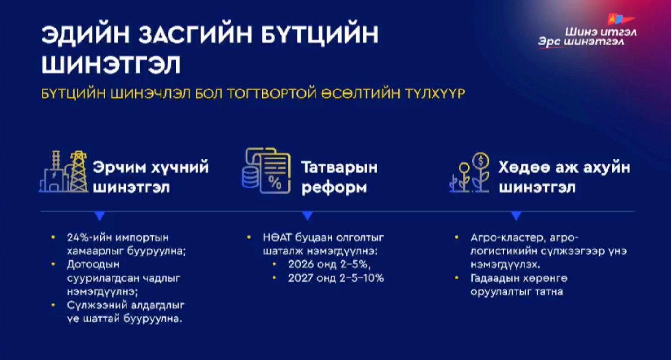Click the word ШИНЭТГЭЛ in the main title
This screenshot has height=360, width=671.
[x=111, y=65]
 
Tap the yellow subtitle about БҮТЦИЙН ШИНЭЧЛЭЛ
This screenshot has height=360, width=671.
[x=253, y=93]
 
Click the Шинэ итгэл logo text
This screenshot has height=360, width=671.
[x=600, y=33]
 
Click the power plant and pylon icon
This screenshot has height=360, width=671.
[x=63, y=172]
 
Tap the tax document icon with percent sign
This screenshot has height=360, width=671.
[x=266, y=169]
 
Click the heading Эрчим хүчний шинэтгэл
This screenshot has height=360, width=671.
[x=150, y=177]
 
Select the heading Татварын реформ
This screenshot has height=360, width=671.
[x=339, y=177]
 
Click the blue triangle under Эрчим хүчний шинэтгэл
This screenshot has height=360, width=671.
[x=99, y=216]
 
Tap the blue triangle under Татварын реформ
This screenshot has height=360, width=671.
[x=307, y=216]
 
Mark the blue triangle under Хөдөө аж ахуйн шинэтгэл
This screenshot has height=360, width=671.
[x=516, y=216]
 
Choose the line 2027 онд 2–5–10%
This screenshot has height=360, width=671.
[x=335, y=278]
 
